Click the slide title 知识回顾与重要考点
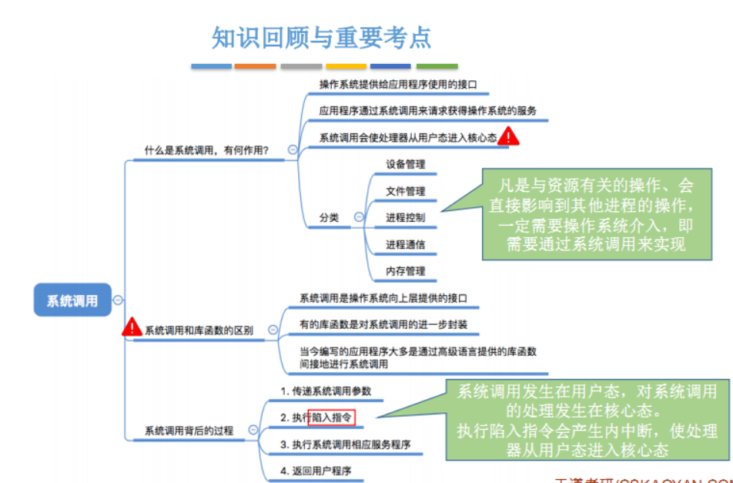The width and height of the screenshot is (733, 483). [322, 38]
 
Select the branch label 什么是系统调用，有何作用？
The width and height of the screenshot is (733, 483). [206, 150]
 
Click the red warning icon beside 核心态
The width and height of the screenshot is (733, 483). [509, 137]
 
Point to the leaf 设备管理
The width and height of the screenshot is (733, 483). [405, 164]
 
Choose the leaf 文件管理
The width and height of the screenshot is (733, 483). [405, 191]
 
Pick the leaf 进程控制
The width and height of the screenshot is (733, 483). [405, 218]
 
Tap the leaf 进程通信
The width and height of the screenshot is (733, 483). [405, 245]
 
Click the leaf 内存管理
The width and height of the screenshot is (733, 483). [405, 271]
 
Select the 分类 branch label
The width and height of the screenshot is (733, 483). [329, 218]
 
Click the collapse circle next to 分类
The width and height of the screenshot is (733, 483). [358, 218]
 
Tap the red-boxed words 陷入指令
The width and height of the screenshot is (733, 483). [332, 418]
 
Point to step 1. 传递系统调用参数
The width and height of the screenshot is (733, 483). [326, 391]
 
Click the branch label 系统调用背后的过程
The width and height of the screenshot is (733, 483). [189, 431]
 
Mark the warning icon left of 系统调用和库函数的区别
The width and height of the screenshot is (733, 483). [132, 327]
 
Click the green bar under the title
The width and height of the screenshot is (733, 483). [437, 67]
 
